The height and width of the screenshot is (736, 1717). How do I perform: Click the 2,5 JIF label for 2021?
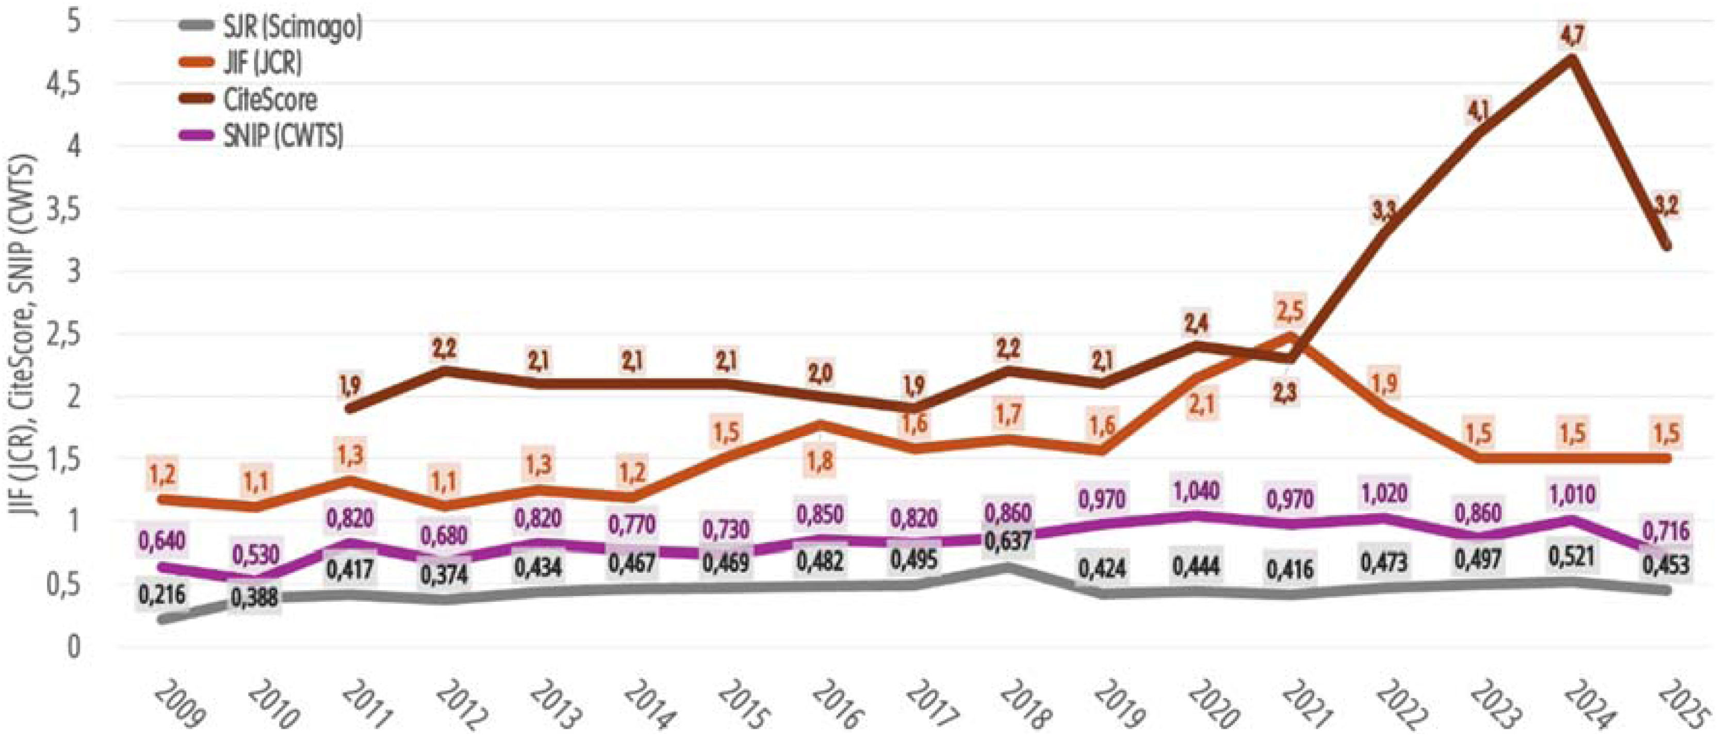coord(1291,310)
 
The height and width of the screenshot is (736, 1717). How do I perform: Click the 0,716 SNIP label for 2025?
coord(1665,531)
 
